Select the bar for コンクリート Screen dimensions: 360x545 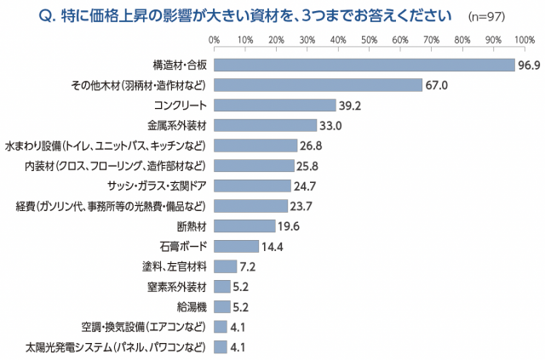tap(275, 105)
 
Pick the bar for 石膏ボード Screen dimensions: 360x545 tap(236, 246)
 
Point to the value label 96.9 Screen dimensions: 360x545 tap(529, 65)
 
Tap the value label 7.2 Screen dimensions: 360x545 tap(249, 266)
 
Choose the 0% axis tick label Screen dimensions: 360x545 tap(214, 39)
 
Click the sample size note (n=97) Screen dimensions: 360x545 tap(487, 15)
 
